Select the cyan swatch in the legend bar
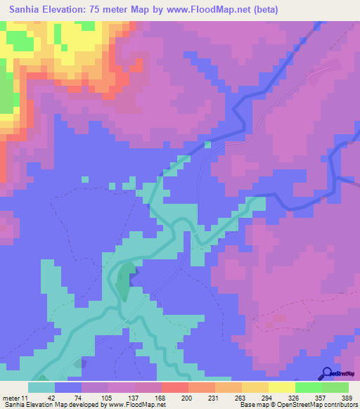[41, 387]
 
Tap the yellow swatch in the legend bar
[282, 387]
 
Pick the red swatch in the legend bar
[174, 387]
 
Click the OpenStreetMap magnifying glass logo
[328, 373]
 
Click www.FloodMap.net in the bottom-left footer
[138, 405]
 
